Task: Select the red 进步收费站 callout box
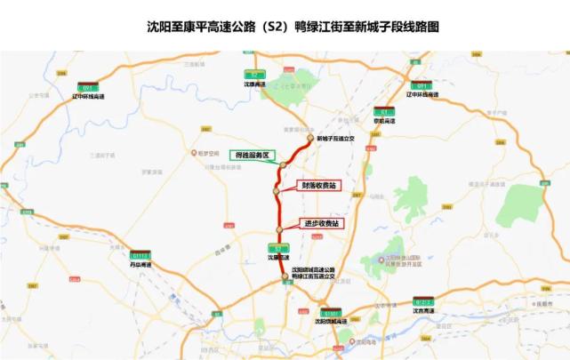point(321,223)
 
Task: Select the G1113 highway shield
point(141,255)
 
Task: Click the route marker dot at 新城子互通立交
point(310,139)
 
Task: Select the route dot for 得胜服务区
point(280,165)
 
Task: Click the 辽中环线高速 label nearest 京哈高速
point(421,94)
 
